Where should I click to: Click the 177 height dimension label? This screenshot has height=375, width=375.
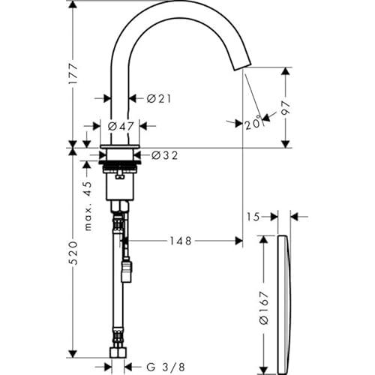coord(73,73)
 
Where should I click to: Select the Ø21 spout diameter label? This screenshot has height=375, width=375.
coord(159,99)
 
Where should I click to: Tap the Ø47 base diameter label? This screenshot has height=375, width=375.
coord(121,127)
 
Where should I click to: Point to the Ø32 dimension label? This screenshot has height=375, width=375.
coord(165,155)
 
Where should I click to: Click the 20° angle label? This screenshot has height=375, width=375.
coord(253,124)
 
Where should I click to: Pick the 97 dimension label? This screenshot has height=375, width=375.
coord(286,108)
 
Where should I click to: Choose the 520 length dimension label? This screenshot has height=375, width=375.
coord(73,253)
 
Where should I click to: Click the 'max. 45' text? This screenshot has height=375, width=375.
coord(88,206)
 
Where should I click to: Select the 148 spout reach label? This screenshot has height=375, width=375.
coord(181,241)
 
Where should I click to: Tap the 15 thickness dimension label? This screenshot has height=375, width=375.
coord(253,217)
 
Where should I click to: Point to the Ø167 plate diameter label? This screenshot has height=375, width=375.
coord(264,308)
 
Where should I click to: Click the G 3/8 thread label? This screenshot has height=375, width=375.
coord(166,367)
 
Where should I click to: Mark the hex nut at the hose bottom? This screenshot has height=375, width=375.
coord(118,352)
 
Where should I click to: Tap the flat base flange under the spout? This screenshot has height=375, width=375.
coord(120,146)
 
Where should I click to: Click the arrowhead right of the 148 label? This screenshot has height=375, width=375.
coord(238,241)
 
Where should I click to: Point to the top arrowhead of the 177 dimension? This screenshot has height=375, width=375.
coord(73,5)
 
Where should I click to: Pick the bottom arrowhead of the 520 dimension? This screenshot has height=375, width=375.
coord(73,354)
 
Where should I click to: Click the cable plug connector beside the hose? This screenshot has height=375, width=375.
coord(127,271)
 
